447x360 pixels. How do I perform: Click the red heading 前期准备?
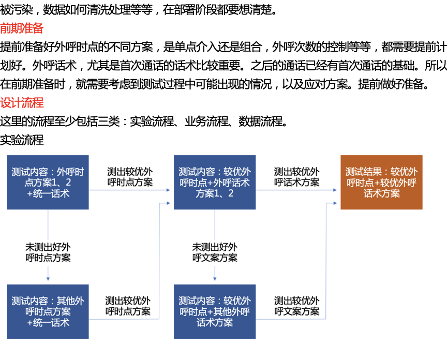22,28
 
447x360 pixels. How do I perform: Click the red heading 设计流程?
22,102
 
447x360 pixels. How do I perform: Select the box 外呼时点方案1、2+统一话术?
48,182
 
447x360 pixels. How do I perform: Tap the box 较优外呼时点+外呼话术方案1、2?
215,182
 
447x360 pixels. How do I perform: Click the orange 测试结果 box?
381,182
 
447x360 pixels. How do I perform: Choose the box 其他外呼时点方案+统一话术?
48,311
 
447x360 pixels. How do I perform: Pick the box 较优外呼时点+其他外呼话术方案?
215,311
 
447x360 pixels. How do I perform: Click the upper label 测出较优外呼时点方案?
130,177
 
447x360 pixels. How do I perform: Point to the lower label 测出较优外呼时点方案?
128,306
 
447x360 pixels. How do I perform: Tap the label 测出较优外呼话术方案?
296,177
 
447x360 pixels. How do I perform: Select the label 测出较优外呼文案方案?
296,306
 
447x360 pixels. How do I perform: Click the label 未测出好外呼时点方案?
48,252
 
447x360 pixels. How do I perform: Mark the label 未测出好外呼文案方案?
215,252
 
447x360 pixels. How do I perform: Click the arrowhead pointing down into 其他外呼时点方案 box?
48,279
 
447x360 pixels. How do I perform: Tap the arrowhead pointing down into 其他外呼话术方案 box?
215,279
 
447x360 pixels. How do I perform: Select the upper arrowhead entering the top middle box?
168,190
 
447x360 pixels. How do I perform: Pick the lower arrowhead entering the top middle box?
168,203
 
